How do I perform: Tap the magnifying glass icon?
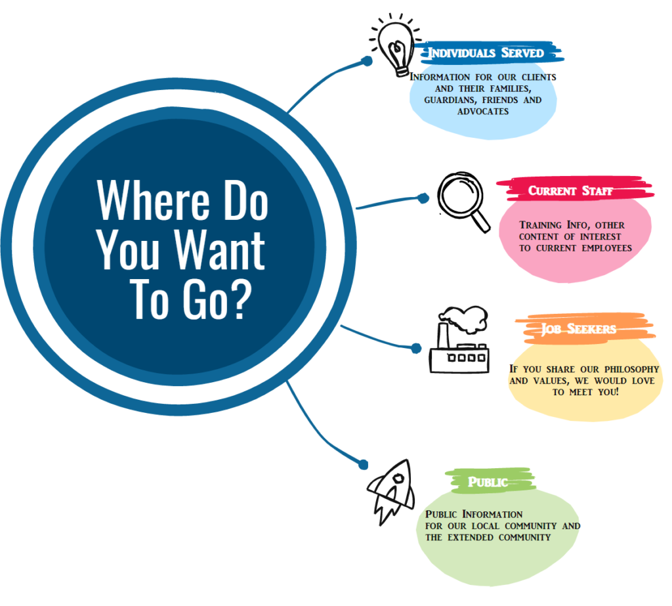(463, 202)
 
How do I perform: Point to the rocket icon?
(391, 492)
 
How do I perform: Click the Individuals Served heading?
(486, 53)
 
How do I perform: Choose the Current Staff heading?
(570, 190)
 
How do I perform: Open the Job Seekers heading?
(579, 328)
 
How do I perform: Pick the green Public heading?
(488, 482)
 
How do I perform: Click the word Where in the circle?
(154, 200)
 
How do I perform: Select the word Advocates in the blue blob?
(483, 112)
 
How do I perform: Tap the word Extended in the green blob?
(471, 537)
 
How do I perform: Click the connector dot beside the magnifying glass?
(423, 198)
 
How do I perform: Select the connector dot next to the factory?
(416, 348)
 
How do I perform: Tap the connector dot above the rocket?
(364, 464)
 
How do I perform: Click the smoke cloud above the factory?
(465, 318)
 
